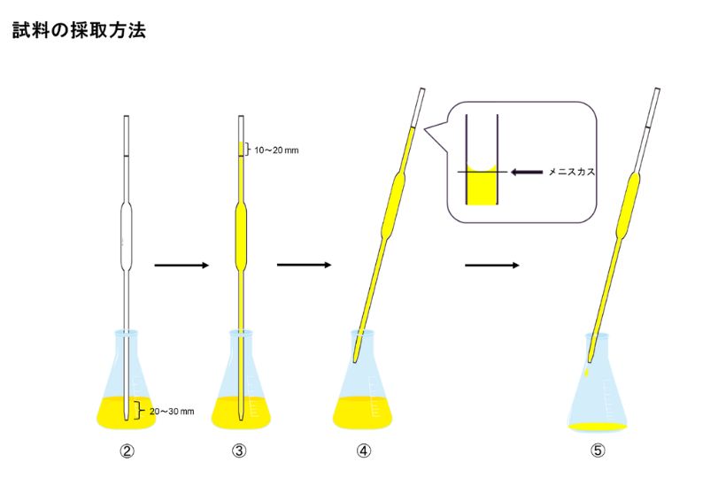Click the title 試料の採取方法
pos(79,30)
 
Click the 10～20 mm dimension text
pos(277,150)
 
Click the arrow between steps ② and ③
pos(181,265)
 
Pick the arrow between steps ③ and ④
pos(303,265)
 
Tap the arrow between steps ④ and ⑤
pos(491,265)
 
